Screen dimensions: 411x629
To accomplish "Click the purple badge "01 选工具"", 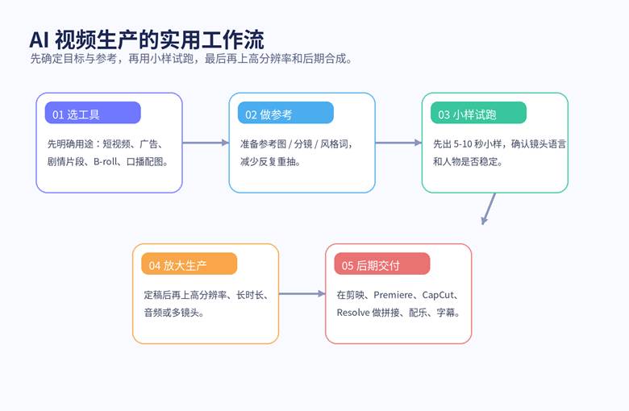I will pos(92,114).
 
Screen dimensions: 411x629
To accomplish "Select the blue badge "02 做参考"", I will pos(285,114).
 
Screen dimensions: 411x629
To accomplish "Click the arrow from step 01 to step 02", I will pos(206,143).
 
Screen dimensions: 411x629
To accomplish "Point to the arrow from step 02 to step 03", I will pos(398,143).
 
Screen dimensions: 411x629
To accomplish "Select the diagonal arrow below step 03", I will pos(489,208).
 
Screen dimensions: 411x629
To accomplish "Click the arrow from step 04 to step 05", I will pos(302,295).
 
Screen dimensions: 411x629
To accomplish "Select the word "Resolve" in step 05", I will pos(352,313).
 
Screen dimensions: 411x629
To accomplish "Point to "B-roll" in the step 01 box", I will pos(106,161).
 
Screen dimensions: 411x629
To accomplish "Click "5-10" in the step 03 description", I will pos(468,144).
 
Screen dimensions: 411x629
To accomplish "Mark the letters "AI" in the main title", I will pos(40,39).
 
